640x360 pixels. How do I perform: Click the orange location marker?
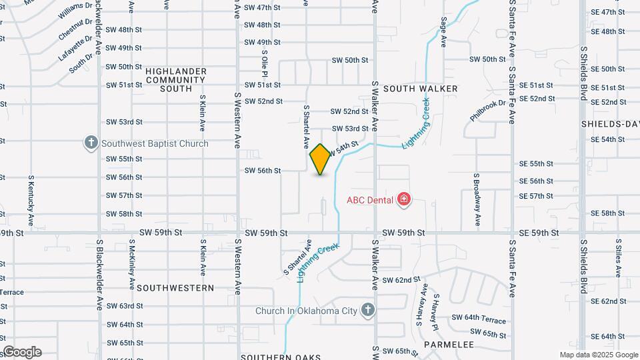coord(320,159)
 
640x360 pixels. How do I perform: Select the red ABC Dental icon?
coord(403,199)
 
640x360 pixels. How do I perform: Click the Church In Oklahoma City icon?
coord(367,310)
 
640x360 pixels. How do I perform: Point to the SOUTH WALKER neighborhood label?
coord(420,89)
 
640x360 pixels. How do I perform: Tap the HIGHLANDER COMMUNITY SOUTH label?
coord(169,79)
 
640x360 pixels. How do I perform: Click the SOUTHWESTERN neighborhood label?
coord(175,288)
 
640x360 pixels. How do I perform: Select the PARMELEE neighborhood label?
coord(449,345)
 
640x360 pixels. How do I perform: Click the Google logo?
coord(22,352)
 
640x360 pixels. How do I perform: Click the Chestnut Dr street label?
coord(75,29)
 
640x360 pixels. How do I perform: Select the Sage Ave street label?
coord(443,32)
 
